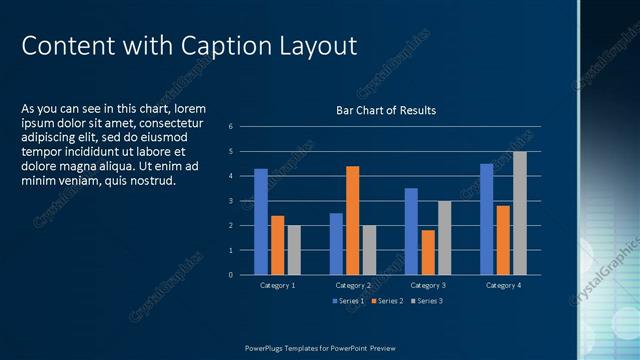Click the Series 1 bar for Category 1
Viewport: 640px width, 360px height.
point(261,222)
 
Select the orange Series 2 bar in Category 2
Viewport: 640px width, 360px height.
point(352,220)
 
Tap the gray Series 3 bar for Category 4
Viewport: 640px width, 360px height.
point(519,213)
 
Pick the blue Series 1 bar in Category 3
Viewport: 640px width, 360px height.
point(411,231)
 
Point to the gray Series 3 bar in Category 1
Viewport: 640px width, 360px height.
point(294,250)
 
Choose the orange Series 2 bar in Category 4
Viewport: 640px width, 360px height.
point(503,240)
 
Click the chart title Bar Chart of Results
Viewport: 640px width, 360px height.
point(385,110)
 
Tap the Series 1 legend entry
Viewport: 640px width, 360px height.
point(349,300)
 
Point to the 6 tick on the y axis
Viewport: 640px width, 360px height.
point(230,127)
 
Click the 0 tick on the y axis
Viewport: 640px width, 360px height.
point(230,274)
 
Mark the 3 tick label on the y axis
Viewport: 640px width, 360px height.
point(230,201)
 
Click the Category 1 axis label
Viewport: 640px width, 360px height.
point(277,285)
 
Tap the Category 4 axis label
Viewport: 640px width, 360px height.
point(503,285)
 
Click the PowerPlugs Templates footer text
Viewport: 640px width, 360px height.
point(320,347)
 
